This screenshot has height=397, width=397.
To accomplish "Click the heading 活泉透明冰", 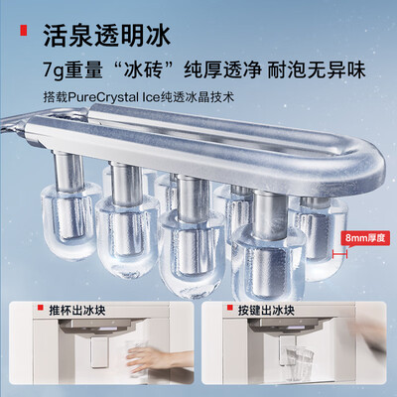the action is point(107,35).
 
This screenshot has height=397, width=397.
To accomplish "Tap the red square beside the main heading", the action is point(23,31).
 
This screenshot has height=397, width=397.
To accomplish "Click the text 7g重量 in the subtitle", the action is point(72,70).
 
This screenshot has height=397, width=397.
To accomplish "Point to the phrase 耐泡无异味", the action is point(317,70).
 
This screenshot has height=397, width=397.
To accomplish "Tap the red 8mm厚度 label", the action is point(365,238).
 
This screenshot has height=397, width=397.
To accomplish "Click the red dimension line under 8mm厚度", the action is point(339,254).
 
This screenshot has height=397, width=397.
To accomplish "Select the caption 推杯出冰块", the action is point(77,311).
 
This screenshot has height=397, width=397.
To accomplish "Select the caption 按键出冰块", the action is point(266,311).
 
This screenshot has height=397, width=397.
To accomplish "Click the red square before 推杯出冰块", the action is point(41,308).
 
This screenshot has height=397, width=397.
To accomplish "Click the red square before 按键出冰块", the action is point(229,308).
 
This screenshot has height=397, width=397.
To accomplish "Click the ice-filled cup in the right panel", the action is point(300,362).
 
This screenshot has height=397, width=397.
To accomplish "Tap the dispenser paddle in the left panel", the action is point(99,351).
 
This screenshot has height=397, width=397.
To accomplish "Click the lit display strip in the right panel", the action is point(295,328).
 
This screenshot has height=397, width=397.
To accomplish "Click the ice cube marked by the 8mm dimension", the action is point(319,238).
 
